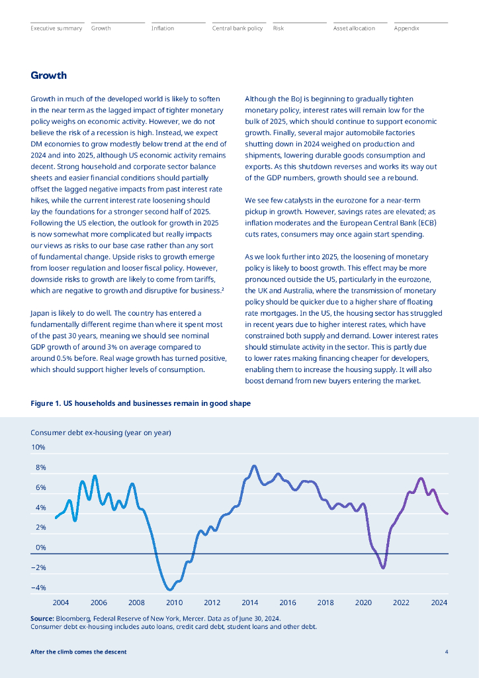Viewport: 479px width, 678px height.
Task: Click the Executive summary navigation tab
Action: click(x=56, y=28)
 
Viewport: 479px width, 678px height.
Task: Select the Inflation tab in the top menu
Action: click(x=163, y=28)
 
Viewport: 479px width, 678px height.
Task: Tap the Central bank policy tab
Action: click(x=237, y=28)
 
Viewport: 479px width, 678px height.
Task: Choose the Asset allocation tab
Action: click(x=354, y=28)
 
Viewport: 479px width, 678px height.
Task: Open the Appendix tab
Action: click(x=406, y=28)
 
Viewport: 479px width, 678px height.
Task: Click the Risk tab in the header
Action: click(x=279, y=28)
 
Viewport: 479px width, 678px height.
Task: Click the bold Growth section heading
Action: click(x=48, y=75)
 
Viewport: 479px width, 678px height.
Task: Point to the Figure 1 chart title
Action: click(x=140, y=403)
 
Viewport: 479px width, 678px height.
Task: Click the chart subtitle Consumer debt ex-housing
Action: click(x=101, y=432)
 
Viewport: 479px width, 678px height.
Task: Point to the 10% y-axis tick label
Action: click(x=38, y=448)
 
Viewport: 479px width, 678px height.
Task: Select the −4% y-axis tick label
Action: click(x=38, y=588)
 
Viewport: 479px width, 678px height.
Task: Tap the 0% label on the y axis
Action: click(x=40, y=548)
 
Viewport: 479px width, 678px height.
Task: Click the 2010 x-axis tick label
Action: click(x=174, y=603)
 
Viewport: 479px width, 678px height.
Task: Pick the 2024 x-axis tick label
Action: click(x=439, y=603)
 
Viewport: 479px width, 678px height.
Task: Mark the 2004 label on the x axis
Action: click(x=61, y=603)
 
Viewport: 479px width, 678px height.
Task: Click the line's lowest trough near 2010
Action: click(x=170, y=589)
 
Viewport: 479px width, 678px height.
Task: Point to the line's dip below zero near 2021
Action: click(x=383, y=567)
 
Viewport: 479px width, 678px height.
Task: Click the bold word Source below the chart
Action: click(x=42, y=618)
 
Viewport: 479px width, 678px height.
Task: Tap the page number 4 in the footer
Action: click(x=447, y=652)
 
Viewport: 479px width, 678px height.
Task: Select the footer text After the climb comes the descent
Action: click(x=78, y=652)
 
